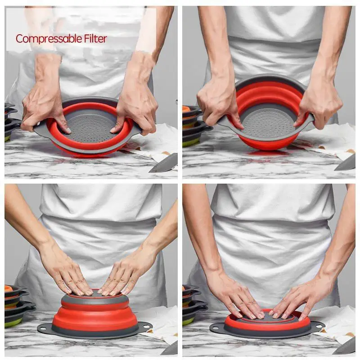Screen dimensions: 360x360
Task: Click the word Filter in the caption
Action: [x=95, y=39]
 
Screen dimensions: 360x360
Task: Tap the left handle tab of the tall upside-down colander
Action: [x=44, y=327]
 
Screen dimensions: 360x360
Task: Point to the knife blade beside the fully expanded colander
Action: [x=347, y=162]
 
